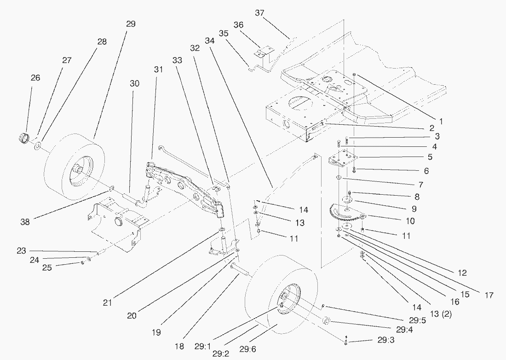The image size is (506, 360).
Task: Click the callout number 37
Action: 259,13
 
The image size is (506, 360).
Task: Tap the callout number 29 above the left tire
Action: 131,24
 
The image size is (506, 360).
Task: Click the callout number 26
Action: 35,78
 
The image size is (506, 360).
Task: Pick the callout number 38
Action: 25,221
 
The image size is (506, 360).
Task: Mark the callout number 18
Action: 180,346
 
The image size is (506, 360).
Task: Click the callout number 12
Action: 462,273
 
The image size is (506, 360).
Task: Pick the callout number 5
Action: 430,157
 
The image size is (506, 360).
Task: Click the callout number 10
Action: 410,221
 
